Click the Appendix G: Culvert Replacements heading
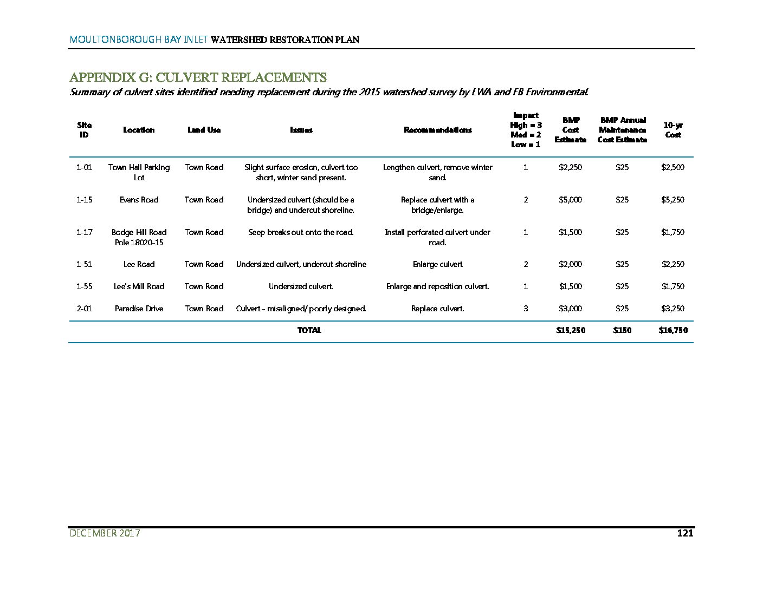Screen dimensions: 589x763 198,77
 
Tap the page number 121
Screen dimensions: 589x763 685,533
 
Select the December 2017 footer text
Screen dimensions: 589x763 105,533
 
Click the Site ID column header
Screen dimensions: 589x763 85,130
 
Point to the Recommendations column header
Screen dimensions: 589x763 437,130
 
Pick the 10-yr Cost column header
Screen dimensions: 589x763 673,130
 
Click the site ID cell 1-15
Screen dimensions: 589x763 85,200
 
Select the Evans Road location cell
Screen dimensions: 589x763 139,200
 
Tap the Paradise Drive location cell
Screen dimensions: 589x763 139,309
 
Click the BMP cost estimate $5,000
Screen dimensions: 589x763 570,200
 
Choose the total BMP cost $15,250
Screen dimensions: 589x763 571,330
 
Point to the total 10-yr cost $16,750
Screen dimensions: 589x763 673,330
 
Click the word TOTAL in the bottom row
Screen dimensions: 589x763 309,330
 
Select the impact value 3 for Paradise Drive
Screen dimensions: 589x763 526,309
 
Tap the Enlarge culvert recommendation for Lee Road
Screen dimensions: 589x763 437,264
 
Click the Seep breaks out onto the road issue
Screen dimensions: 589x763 301,232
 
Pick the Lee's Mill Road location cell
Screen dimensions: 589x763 139,286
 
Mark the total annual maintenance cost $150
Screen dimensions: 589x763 622,330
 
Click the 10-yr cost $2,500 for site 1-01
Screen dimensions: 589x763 673,167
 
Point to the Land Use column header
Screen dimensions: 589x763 204,130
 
